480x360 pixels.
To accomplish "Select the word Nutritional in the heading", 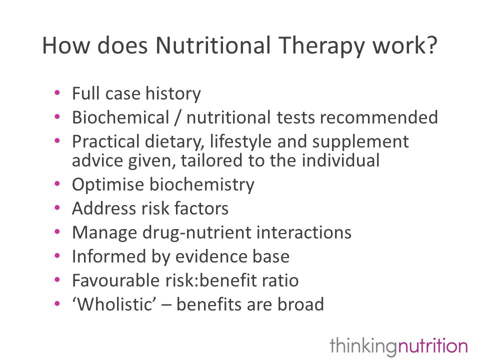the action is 213,45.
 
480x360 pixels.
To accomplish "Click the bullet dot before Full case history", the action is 57,92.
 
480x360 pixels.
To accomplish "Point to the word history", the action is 173,93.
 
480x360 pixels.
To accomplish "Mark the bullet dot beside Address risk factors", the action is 57,208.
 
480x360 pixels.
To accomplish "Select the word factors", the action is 201,208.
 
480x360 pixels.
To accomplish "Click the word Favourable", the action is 115,280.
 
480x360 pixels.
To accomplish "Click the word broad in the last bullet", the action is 300,304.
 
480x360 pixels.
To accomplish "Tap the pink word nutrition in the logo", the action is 432,346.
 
